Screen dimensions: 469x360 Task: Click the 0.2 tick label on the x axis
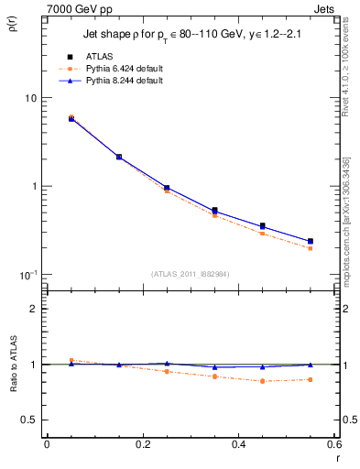(142, 446)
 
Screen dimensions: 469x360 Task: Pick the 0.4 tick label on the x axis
(238, 446)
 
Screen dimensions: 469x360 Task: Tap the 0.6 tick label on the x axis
(333, 446)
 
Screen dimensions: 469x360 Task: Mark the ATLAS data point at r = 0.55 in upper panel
(310, 242)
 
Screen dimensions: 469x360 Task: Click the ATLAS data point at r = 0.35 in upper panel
(214, 211)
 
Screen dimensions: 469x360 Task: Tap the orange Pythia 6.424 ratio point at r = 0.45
(262, 381)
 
